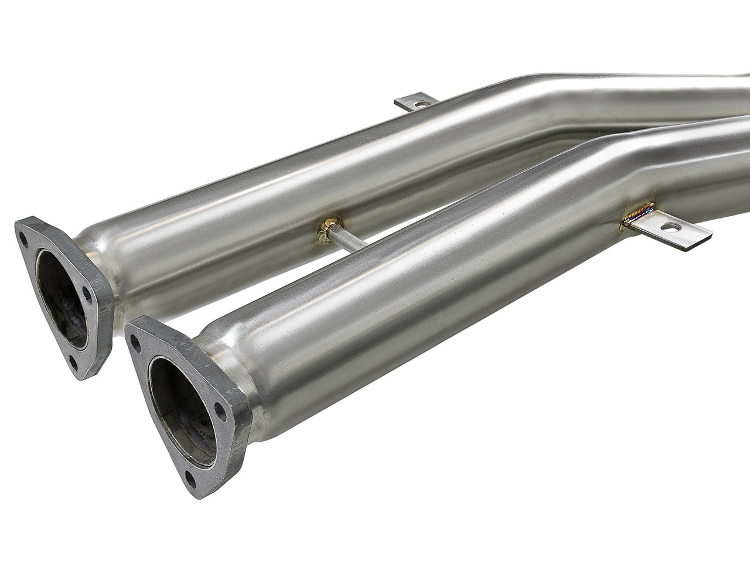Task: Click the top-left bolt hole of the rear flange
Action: coord(23,239)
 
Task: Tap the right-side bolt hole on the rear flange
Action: coord(87,295)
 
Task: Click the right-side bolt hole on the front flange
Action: coord(221,410)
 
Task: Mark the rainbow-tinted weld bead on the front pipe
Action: coord(637,213)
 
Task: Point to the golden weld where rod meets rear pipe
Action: coord(328,230)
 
